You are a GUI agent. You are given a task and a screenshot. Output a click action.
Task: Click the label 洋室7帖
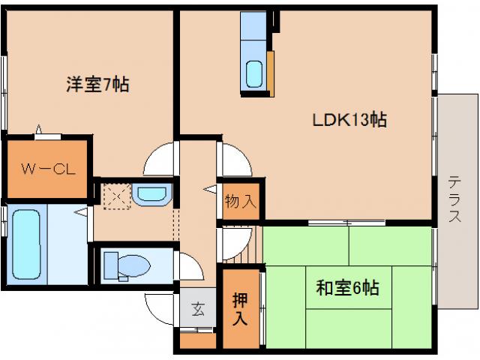[x=97, y=85]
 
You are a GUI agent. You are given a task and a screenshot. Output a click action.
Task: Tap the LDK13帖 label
[x=349, y=119]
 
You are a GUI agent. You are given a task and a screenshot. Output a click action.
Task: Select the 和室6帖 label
[x=346, y=287]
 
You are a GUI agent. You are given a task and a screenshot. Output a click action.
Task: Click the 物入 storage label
[x=241, y=200]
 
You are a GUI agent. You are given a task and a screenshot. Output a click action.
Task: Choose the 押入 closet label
[x=239, y=307]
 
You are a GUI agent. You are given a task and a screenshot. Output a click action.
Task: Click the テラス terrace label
[x=454, y=199]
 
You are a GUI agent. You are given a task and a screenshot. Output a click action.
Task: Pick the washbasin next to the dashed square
[x=151, y=194]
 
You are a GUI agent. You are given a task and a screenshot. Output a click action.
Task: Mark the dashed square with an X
[x=117, y=196]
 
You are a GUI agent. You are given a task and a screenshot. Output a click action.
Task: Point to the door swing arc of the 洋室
[x=160, y=160]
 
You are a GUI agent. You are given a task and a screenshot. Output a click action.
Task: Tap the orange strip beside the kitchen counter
[x=271, y=74]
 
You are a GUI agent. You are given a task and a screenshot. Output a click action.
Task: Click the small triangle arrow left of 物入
[x=207, y=191]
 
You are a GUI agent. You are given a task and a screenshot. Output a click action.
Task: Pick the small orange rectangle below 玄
[x=197, y=338]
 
